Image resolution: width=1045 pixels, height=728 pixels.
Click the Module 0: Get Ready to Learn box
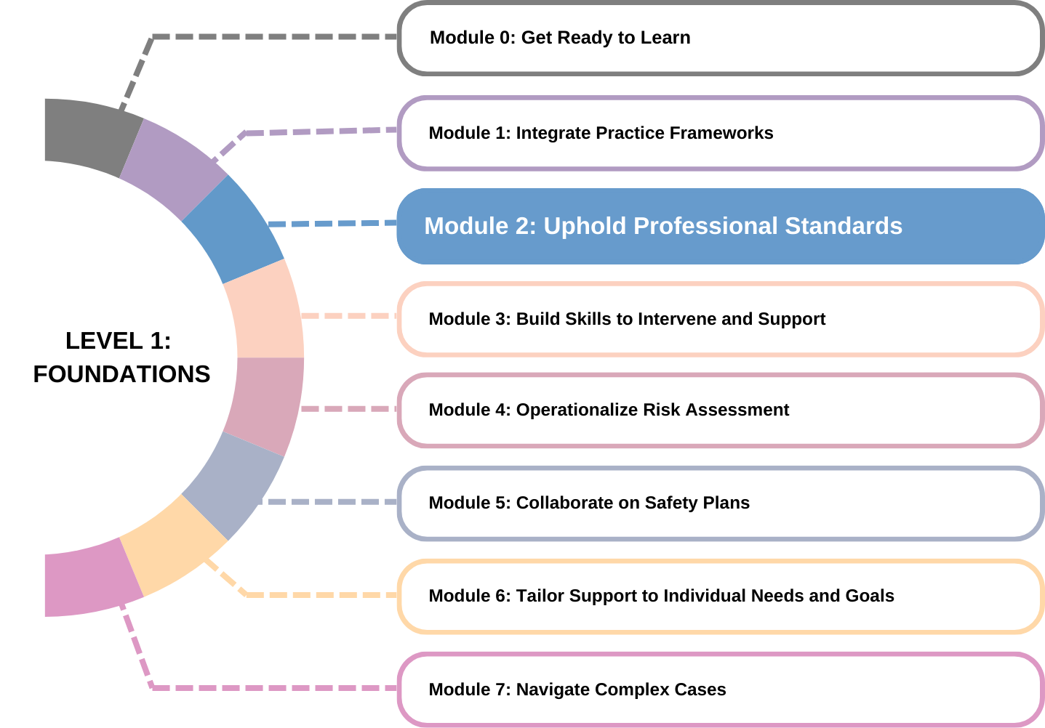pos(720,38)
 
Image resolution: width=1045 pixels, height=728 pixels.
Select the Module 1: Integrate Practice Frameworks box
pos(720,133)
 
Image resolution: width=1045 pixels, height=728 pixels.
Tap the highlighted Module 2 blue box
pos(720,226)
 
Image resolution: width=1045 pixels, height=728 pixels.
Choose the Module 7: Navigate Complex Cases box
pos(720,689)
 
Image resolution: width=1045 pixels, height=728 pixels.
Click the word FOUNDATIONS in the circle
pos(121,374)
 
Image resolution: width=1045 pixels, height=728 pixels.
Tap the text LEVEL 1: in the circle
pos(119,341)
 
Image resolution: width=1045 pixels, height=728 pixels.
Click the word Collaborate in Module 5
pos(554,503)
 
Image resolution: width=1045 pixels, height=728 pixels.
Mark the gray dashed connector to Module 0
pos(269,36)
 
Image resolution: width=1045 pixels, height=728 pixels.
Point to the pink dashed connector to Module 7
pos(269,687)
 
